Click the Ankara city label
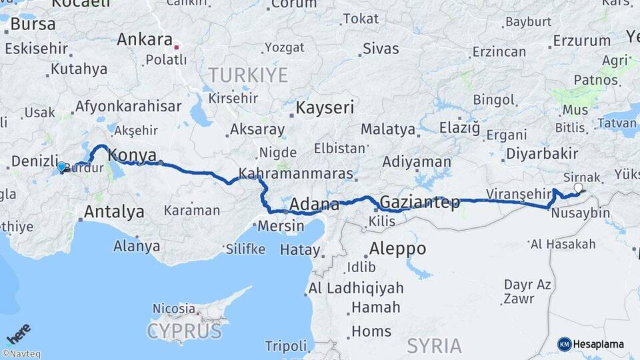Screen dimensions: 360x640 point(145,39)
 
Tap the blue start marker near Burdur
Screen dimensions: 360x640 point(61,167)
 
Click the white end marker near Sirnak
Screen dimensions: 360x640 point(578,188)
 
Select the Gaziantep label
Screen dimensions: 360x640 point(419,203)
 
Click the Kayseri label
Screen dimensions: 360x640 point(325,108)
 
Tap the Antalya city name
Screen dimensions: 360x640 point(113,212)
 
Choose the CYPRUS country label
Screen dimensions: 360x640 point(184,331)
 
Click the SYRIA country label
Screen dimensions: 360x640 point(434,345)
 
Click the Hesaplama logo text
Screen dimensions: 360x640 point(599,344)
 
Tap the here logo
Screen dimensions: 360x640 point(19,334)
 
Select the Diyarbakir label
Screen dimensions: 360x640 point(542,153)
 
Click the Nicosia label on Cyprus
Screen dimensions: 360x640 point(173,309)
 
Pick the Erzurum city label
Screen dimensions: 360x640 point(581,41)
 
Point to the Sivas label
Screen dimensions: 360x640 point(381,49)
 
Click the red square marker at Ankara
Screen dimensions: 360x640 point(177,47)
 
